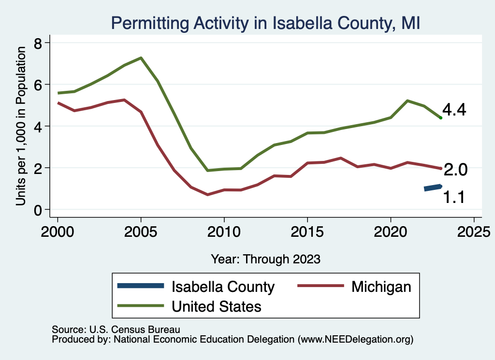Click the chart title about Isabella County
click(x=265, y=22)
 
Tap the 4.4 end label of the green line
click(x=454, y=110)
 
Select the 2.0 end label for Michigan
click(x=455, y=170)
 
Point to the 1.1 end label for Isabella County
click(x=454, y=197)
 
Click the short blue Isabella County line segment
click(x=433, y=187)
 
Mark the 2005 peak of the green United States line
click(x=141, y=58)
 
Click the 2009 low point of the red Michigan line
click(x=207, y=194)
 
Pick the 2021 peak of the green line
click(x=408, y=101)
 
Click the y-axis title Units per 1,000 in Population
click(x=20, y=126)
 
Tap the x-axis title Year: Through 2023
click(x=265, y=259)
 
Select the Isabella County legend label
click(x=223, y=287)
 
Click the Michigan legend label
click(x=381, y=287)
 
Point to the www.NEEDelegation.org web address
click(x=356, y=339)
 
